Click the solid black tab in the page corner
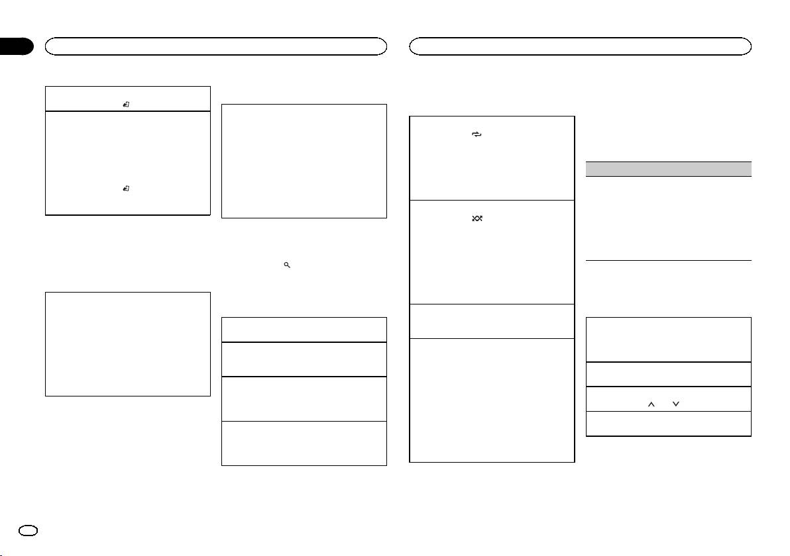point(16,46)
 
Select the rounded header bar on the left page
point(215,46)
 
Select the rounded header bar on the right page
point(580,46)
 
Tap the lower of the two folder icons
point(126,189)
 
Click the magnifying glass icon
point(287,264)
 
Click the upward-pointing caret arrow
point(650,398)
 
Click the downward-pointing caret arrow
point(675,398)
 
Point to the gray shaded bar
point(669,168)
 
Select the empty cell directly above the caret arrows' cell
point(669,375)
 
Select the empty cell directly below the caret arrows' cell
point(669,424)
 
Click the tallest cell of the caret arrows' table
point(669,340)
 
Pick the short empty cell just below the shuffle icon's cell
point(491,321)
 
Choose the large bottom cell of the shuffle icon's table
point(491,400)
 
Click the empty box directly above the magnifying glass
point(304,160)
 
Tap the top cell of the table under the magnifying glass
point(304,329)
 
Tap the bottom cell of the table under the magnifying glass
point(304,443)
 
